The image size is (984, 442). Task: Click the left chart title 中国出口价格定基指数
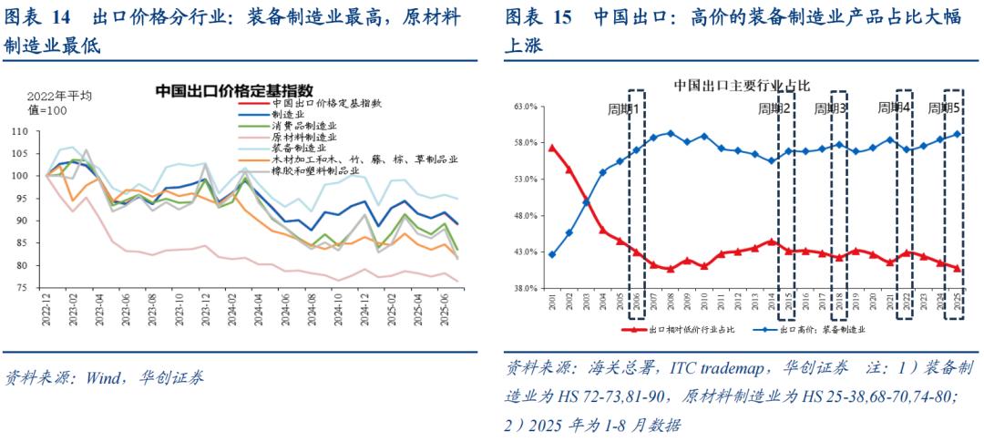(234, 91)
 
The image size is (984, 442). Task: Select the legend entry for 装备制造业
(303, 149)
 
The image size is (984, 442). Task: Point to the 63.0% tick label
(526, 107)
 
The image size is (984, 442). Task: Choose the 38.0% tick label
(526, 288)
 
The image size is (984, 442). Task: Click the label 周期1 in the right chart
(624, 108)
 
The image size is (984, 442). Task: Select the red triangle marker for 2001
(552, 147)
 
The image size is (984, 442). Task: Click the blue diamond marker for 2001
(552, 254)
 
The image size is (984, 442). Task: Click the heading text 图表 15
(538, 16)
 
